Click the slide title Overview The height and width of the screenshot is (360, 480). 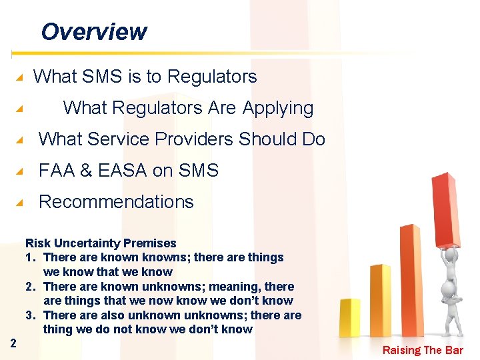point(93,31)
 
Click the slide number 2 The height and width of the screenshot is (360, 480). point(13,343)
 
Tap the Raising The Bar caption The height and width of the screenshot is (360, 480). point(423,351)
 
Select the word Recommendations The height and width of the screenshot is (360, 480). point(116,202)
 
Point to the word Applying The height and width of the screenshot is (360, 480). point(278,108)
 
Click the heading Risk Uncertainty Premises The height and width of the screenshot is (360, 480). point(101,243)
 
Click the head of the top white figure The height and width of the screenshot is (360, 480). point(451,256)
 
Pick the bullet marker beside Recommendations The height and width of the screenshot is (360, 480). point(21,203)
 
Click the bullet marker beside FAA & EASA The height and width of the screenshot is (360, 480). point(21,171)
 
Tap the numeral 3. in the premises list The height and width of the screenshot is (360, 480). point(31,315)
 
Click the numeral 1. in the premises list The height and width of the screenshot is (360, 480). point(31,257)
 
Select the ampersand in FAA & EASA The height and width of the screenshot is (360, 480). point(86,171)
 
